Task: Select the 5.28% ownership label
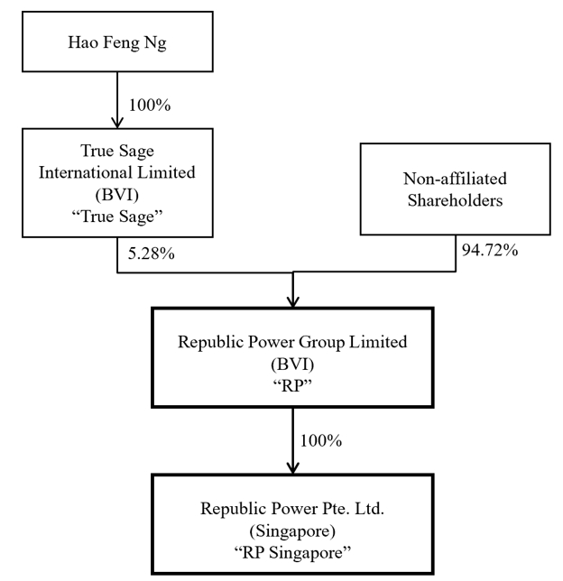coord(152,254)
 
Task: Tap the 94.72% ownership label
coord(490,251)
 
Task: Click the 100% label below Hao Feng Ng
coord(150,106)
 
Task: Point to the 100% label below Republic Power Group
coord(321,441)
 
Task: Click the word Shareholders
coord(455,200)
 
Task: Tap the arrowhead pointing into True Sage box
coord(117,123)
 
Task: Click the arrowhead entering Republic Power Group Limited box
coord(293,301)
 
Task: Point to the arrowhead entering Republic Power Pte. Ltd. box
coord(293,468)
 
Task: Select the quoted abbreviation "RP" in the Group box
coord(292,386)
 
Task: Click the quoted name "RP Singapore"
coord(292,552)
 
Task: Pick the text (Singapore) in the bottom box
coord(292,531)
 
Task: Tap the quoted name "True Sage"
coord(117,217)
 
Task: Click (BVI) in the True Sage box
coord(117,195)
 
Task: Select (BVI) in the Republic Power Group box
coord(292,364)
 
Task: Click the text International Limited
coord(117,172)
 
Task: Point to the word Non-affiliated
coord(455,179)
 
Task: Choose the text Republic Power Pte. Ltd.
coord(292,509)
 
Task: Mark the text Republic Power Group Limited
coord(292,342)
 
